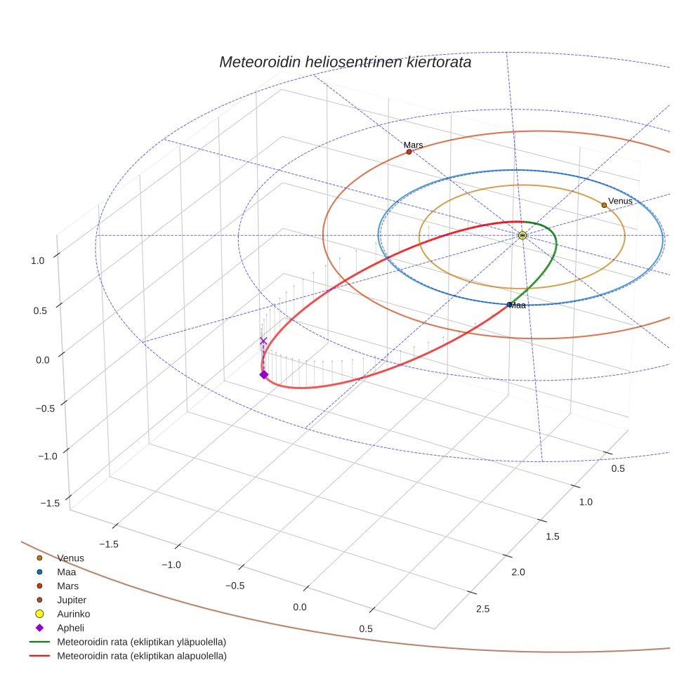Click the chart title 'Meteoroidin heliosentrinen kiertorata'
coord(345,62)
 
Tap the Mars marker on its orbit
coord(409,152)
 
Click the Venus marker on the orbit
coord(604,205)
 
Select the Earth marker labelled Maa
coord(510,304)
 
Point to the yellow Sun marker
coord(522,235)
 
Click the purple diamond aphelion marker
coord(263,374)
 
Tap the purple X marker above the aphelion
coord(263,341)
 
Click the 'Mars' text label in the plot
coord(413,145)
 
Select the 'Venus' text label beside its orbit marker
coord(620,201)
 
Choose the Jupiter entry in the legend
coord(72,600)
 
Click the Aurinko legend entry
coord(73,614)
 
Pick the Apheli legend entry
coord(70,628)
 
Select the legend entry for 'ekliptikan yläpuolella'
coord(141,642)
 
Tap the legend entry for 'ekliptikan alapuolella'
coord(141,656)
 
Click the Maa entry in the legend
coord(67,572)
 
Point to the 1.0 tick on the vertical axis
coord(37,260)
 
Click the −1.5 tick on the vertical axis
coord(49,503)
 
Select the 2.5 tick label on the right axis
coord(483,608)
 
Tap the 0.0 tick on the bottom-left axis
coord(300,607)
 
